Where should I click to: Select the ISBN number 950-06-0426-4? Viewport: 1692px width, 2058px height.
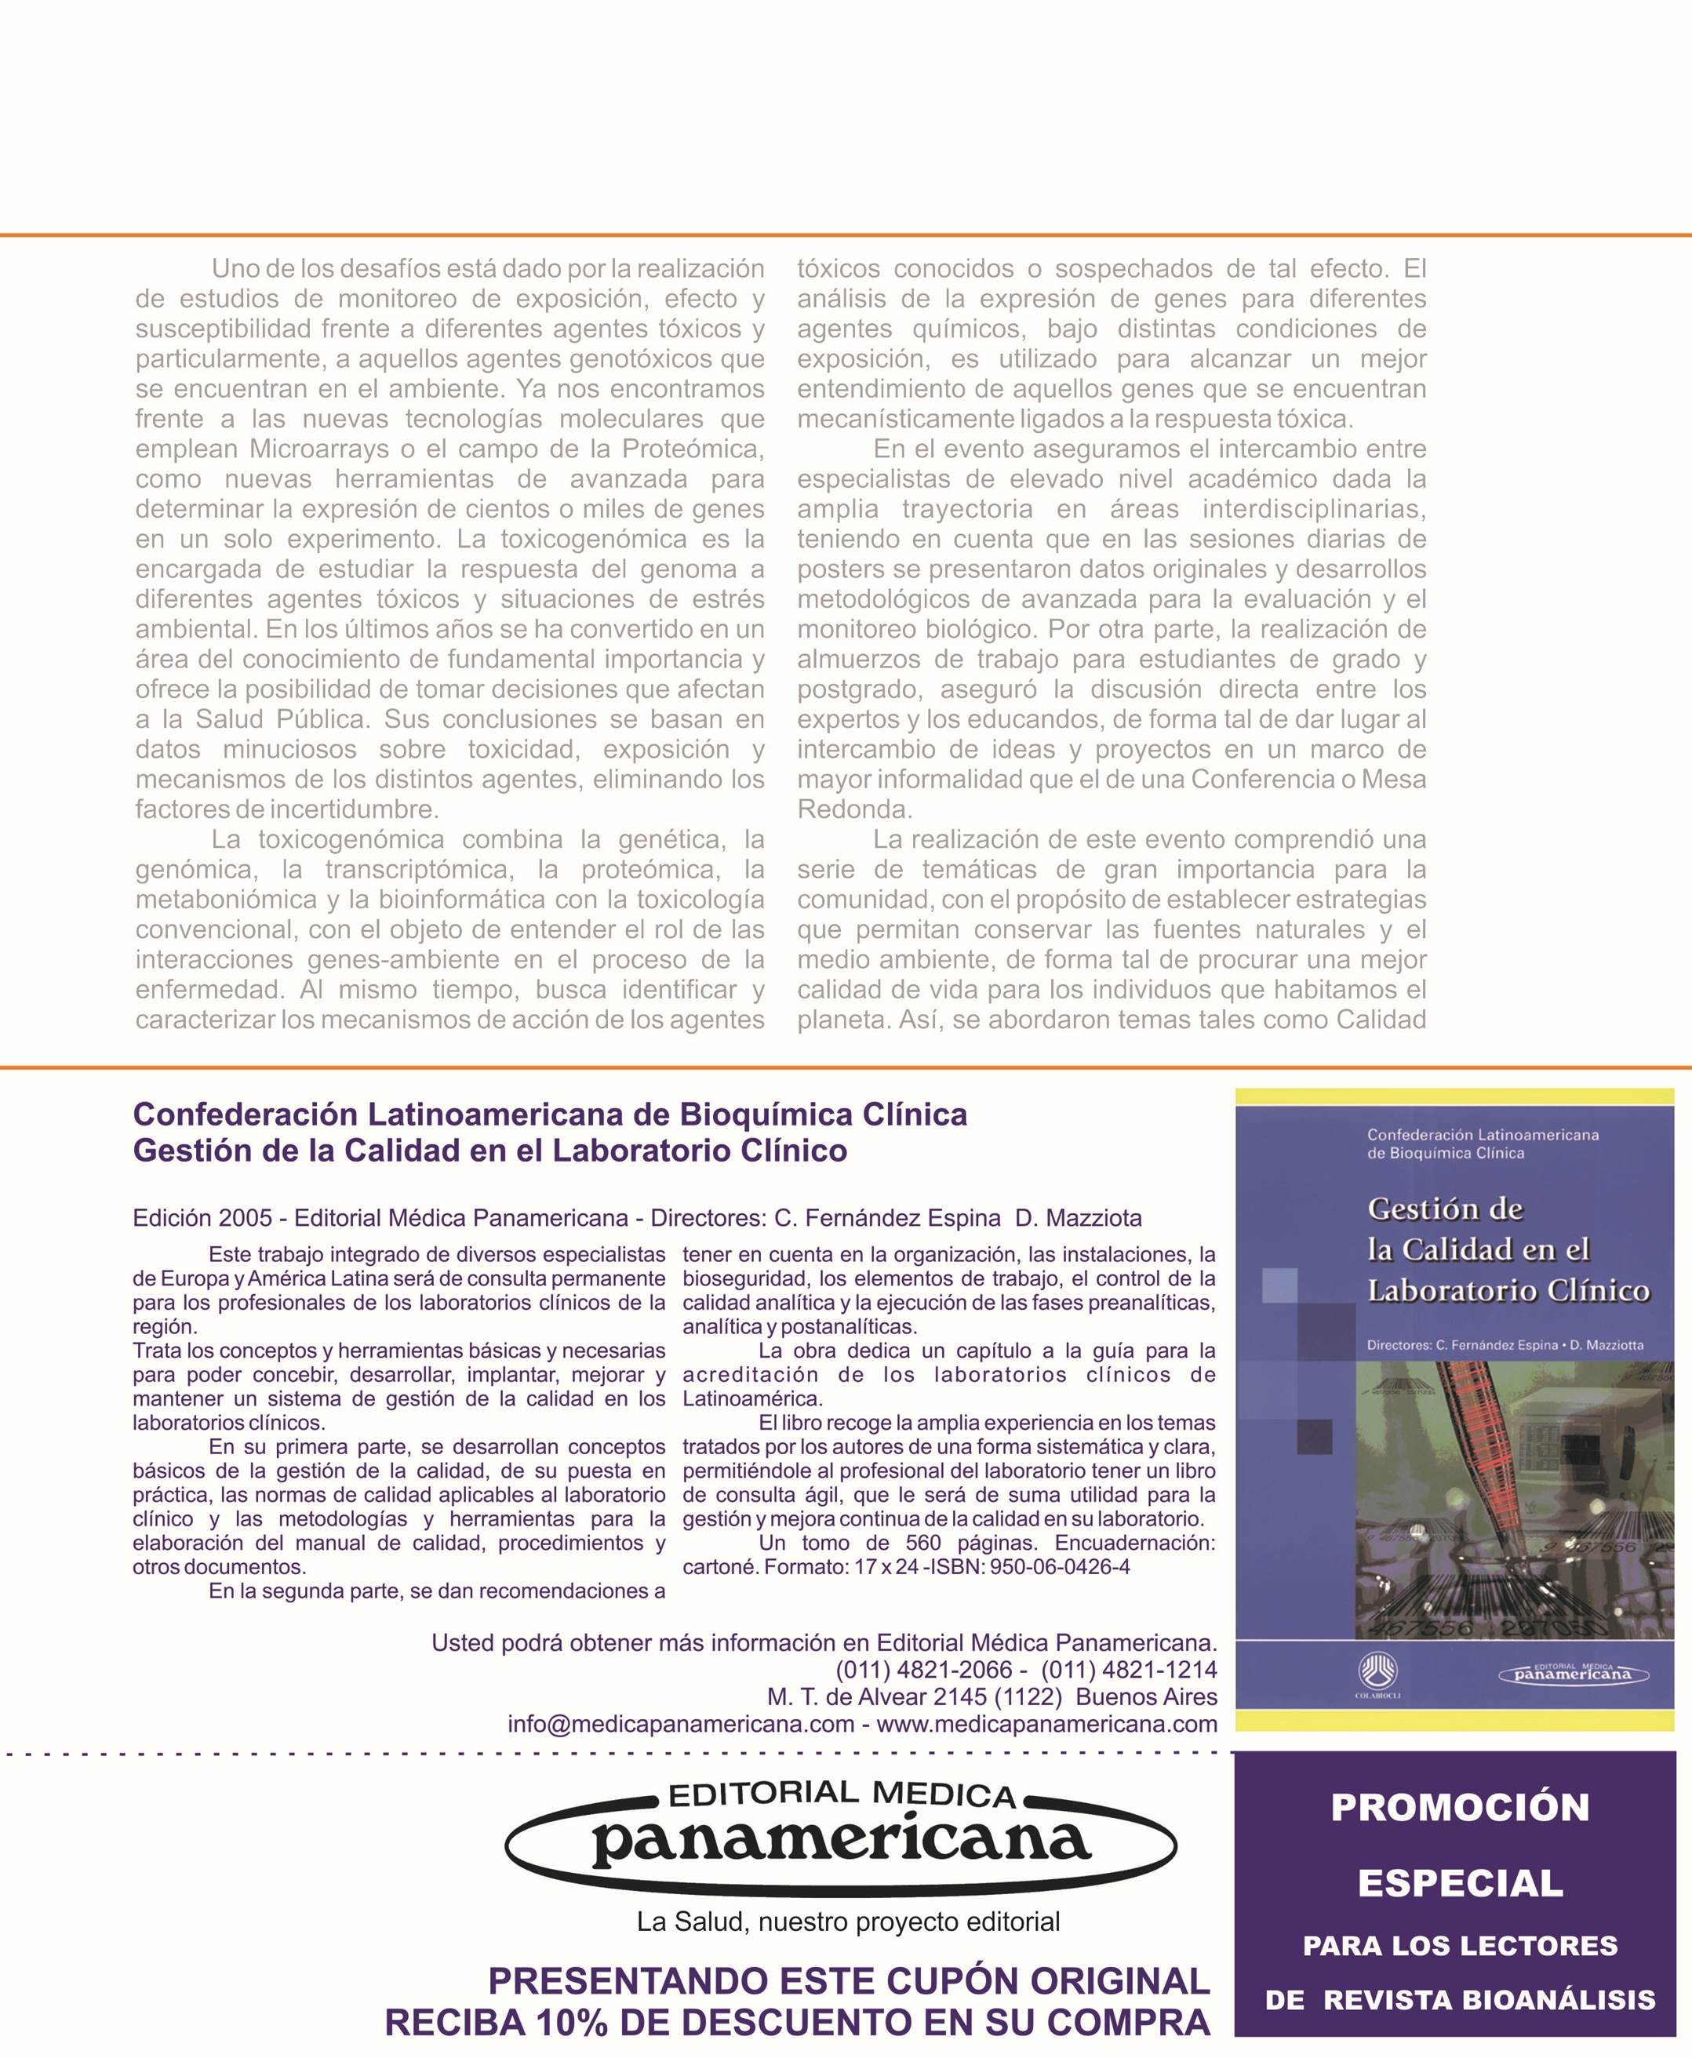(1060, 1567)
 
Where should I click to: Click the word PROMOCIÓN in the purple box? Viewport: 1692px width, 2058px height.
(1460, 1808)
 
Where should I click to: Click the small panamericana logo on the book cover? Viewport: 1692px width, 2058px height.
(1572, 1674)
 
